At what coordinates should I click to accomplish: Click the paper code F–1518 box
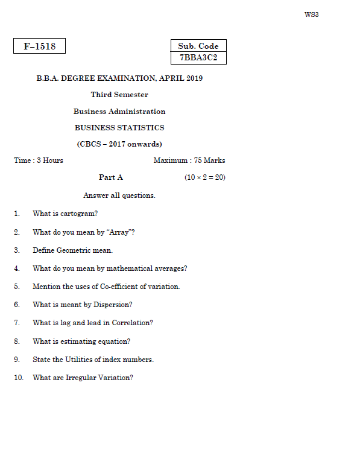click(x=39, y=46)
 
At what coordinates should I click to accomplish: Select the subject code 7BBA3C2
click(x=198, y=58)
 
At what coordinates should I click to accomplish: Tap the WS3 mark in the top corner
click(x=311, y=14)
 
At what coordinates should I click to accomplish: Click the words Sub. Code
click(x=198, y=46)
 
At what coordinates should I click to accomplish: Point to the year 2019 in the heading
click(x=195, y=78)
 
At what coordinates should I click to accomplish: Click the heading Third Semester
click(x=119, y=95)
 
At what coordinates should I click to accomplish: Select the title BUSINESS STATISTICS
click(x=119, y=128)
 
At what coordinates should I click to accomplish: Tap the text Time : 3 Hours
click(x=39, y=160)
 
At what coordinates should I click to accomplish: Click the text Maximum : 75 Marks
click(x=189, y=160)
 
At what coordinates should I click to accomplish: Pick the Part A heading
click(x=111, y=177)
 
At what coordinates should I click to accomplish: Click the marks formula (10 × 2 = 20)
click(x=205, y=177)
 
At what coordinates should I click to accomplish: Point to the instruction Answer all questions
click(x=119, y=195)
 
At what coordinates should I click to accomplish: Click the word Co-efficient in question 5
click(x=109, y=287)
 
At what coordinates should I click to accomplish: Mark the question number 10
click(x=19, y=378)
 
